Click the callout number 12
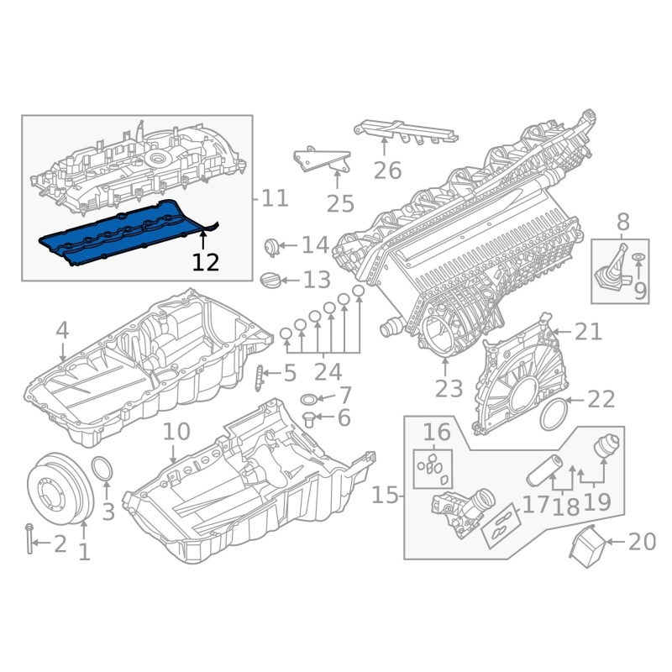pos(206,262)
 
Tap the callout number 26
pos(387,171)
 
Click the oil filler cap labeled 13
pos(269,281)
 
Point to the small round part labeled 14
pos(270,247)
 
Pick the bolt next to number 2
pos(29,538)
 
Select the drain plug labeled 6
pos(309,419)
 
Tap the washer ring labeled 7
pos(308,400)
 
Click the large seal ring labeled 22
pos(554,415)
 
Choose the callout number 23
pos(449,389)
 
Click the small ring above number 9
pos(638,257)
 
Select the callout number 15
pos(385,496)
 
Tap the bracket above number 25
pos(322,160)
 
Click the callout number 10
pos(176,431)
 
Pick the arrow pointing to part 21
pos(562,332)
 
